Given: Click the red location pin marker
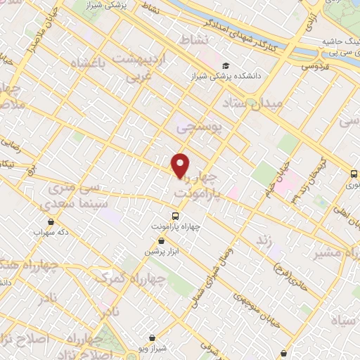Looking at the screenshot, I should pyautogui.click(x=181, y=165).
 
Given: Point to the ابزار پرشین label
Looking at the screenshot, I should pyautogui.click(x=159, y=251).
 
